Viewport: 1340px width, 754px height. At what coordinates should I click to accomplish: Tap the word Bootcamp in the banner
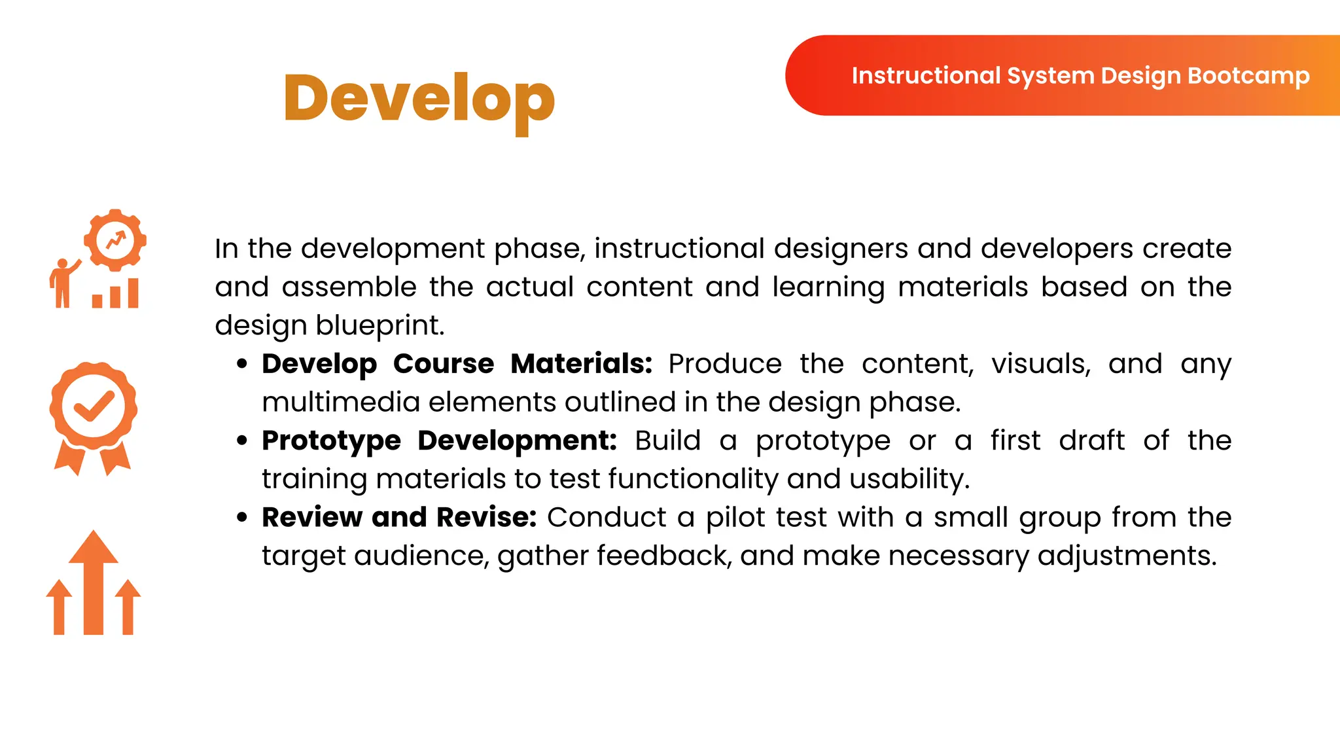pyautogui.click(x=1248, y=76)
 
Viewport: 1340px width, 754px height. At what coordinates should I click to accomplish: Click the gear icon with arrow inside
pyautogui.click(x=115, y=240)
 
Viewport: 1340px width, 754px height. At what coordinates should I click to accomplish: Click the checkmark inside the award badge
pyautogui.click(x=94, y=406)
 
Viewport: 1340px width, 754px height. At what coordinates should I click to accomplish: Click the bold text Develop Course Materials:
pyautogui.click(x=457, y=364)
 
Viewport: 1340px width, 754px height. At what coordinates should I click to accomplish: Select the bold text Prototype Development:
pyautogui.click(x=438, y=440)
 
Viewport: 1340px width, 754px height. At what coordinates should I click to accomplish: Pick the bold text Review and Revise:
pyautogui.click(x=399, y=517)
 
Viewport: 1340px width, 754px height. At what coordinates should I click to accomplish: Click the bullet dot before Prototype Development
pyautogui.click(x=242, y=440)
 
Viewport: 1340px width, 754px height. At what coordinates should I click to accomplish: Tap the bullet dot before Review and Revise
pyautogui.click(x=242, y=517)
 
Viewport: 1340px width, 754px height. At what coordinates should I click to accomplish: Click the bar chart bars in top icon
pyautogui.click(x=116, y=295)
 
